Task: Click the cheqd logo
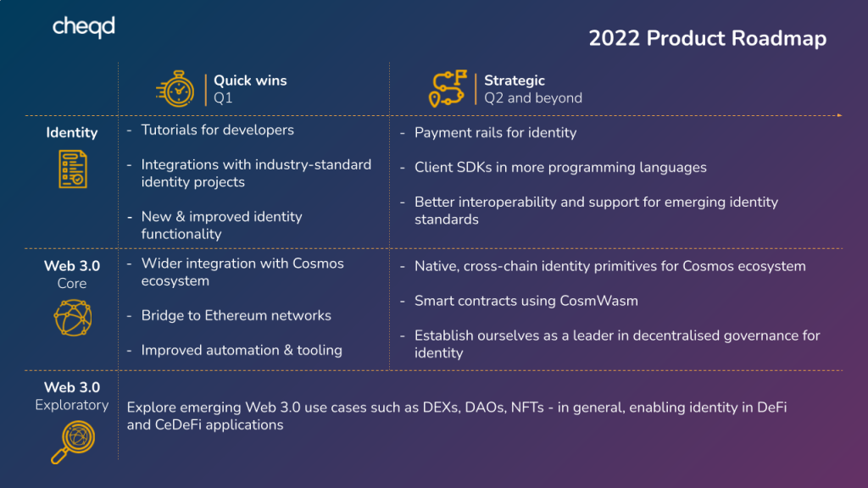[x=83, y=27]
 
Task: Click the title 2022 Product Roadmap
[x=707, y=39]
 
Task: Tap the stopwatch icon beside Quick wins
[x=176, y=89]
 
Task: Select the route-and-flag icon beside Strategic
[x=448, y=89]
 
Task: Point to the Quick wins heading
[x=250, y=80]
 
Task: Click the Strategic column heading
[x=515, y=80]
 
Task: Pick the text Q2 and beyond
[x=533, y=98]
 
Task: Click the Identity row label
[x=72, y=132]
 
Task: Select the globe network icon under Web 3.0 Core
[x=72, y=318]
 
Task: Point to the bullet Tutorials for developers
[x=217, y=130]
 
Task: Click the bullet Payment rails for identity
[x=495, y=133]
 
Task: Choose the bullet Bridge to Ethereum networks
[x=236, y=316]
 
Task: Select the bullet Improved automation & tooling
[x=242, y=351]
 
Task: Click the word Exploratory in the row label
[x=72, y=405]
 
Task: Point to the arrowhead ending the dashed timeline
[x=839, y=115]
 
